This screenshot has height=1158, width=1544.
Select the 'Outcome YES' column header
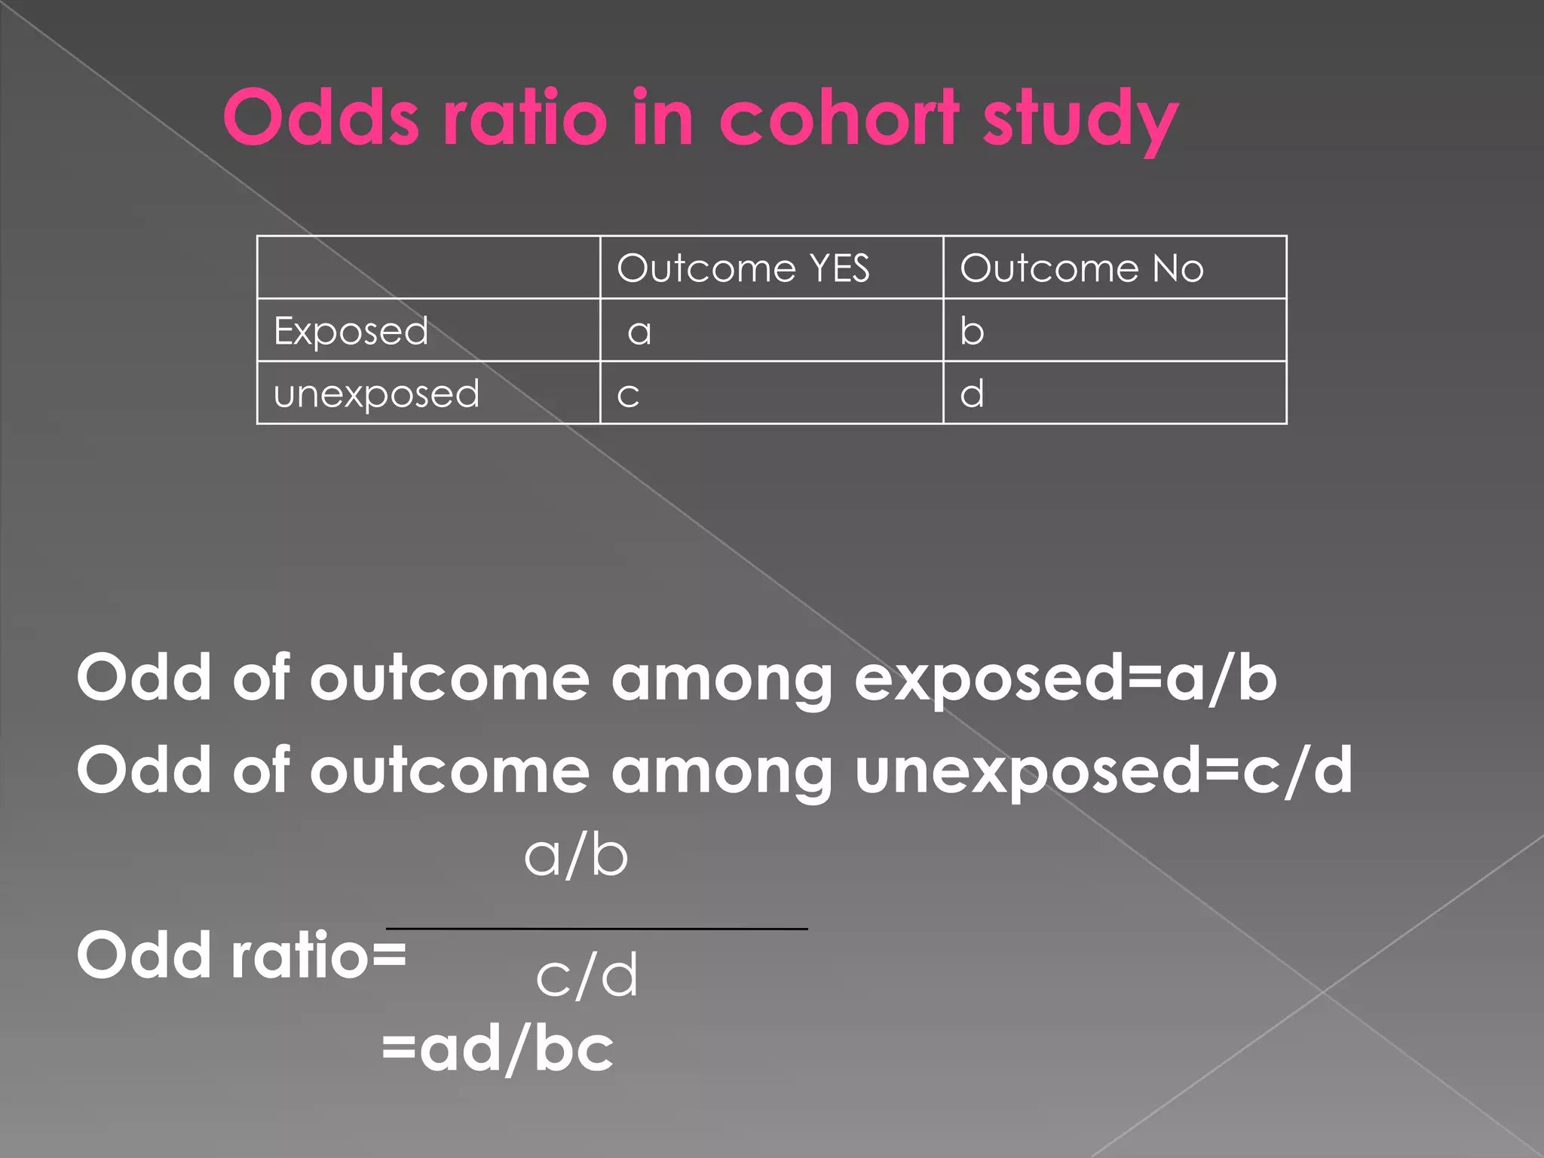(x=743, y=268)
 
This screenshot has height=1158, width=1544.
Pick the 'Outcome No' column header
(x=1082, y=268)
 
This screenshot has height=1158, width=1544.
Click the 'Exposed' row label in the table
(x=351, y=331)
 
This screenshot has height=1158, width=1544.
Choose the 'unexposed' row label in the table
(x=376, y=394)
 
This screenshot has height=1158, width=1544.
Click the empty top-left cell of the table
(x=428, y=268)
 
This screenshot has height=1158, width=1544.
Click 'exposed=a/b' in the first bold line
(x=1065, y=679)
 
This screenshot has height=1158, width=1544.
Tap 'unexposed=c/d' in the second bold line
(x=1104, y=770)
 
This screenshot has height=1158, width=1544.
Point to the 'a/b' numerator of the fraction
(x=576, y=856)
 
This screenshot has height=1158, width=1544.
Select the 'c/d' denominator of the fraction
(x=587, y=976)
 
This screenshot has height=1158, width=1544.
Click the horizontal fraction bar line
(x=596, y=929)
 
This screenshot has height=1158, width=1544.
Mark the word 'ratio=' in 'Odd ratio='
(x=318, y=955)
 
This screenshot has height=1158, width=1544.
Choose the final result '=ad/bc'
(x=498, y=1049)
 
